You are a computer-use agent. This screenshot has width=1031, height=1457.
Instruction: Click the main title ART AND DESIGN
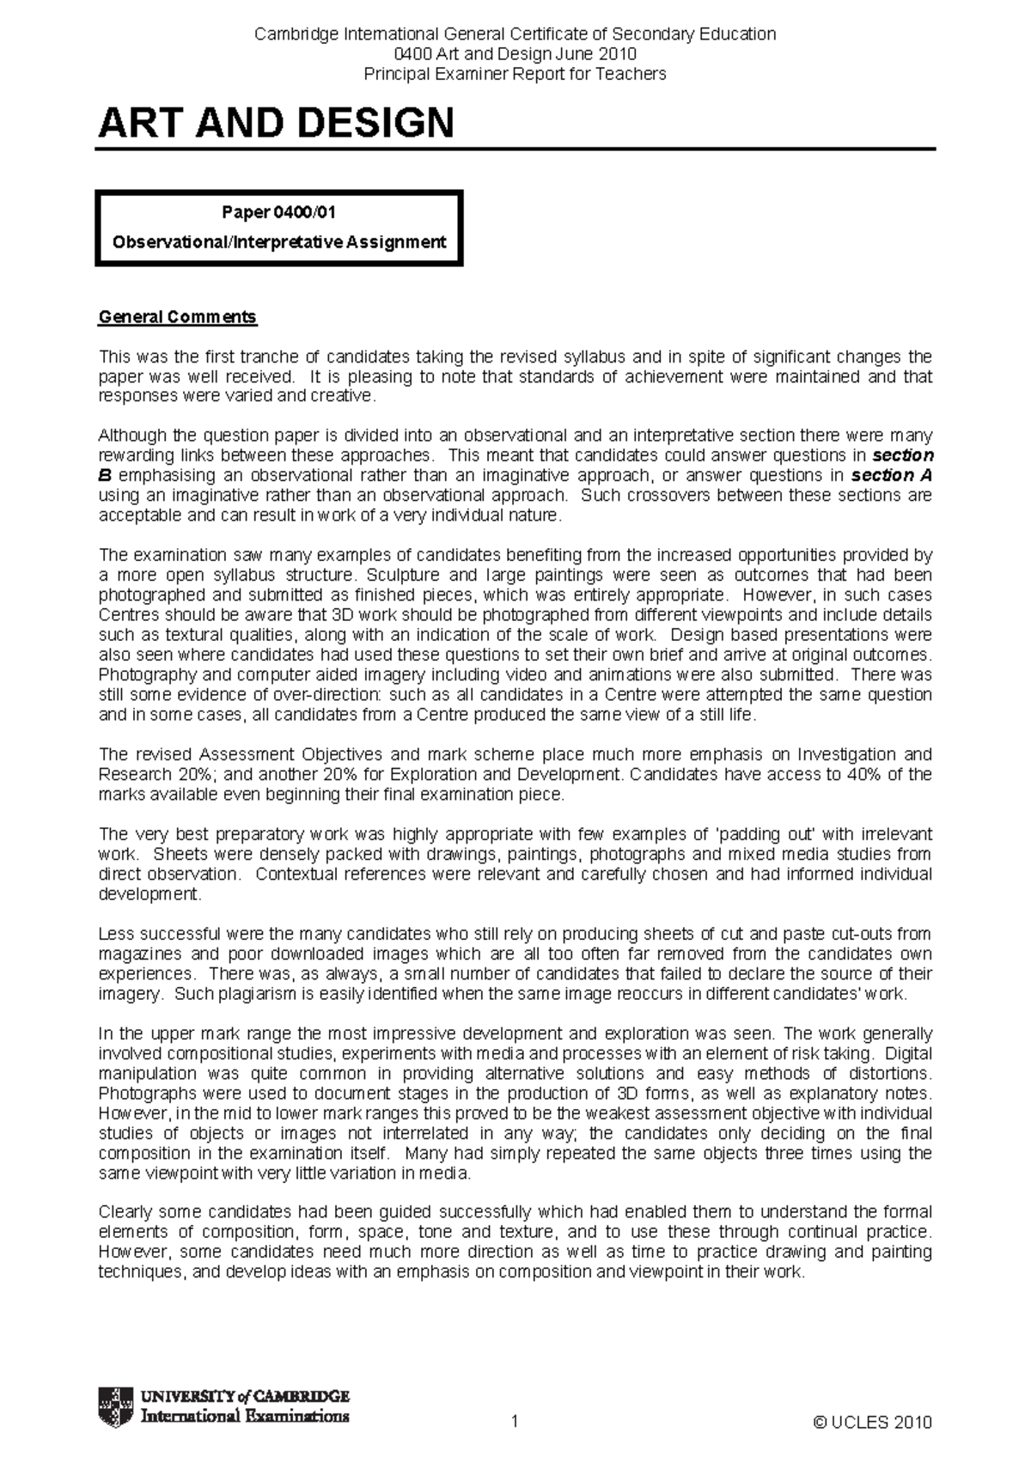(x=276, y=124)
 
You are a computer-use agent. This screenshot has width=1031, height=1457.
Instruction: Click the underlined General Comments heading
(x=177, y=317)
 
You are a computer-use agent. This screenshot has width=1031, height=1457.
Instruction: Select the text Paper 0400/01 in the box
(x=278, y=212)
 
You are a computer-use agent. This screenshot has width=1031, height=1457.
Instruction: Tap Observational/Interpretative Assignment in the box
(x=278, y=242)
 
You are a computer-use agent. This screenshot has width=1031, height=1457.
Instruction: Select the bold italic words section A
(x=891, y=475)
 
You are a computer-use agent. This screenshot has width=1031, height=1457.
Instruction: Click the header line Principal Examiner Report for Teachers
(x=515, y=74)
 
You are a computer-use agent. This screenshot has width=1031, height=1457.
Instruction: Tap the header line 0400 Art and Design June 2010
(x=515, y=54)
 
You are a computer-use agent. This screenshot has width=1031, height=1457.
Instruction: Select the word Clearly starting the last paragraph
(x=124, y=1212)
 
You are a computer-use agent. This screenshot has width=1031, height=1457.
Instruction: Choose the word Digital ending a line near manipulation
(x=907, y=1054)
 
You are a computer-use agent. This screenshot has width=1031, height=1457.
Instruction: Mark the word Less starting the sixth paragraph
(x=115, y=934)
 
